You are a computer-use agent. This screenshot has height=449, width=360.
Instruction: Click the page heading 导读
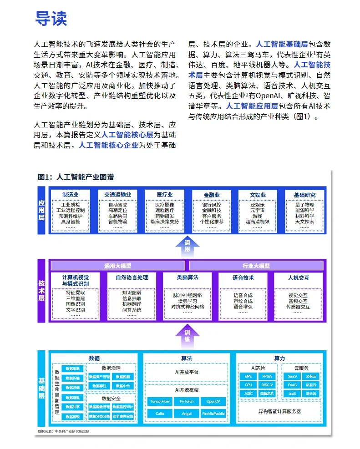pos(51,18)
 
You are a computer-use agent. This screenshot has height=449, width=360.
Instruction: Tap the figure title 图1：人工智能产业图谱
pos(76,177)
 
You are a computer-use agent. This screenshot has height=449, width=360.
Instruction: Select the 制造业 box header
pos(73,195)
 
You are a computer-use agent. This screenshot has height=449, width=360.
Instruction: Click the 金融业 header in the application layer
pos(212,195)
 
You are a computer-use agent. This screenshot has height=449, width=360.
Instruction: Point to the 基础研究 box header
pos(304,195)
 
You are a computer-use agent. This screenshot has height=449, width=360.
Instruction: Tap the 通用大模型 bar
pos(118,266)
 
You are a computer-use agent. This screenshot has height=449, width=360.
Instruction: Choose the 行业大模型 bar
pos(256,266)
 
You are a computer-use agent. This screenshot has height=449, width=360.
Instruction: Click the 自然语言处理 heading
pos(132,277)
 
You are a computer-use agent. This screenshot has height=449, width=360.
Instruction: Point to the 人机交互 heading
pos(298,277)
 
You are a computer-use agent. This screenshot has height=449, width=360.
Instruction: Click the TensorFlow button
pos(159,401)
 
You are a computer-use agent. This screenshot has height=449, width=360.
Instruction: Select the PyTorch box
pos(187,401)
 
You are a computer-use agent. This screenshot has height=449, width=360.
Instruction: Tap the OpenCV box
pos(213,401)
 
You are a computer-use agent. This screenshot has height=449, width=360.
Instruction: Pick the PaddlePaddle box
pos(213,414)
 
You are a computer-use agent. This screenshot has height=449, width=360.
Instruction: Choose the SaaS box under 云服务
pos(292,377)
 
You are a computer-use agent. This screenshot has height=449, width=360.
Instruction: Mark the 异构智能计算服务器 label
pos(279,412)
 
